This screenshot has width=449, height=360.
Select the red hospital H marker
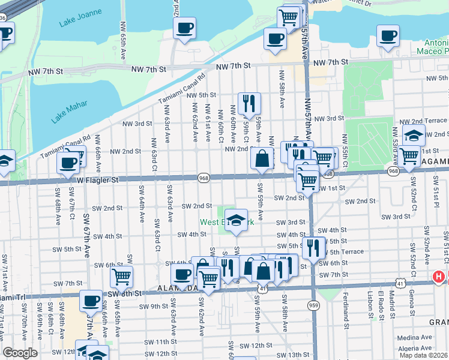pyautogui.click(x=439, y=278)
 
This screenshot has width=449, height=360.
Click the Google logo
pyautogui.click(x=20, y=353)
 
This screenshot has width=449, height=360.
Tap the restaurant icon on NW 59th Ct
pyautogui.click(x=249, y=103)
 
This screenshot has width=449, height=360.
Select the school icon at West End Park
pyautogui.click(x=237, y=220)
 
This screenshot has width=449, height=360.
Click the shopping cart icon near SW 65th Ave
pyautogui.click(x=121, y=277)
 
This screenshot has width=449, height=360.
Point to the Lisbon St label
pyautogui.click(x=368, y=300)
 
